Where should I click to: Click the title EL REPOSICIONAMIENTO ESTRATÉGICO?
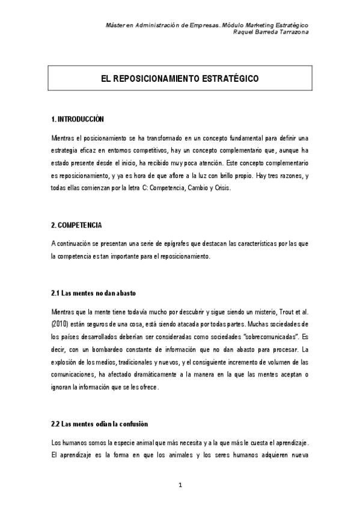click(x=180, y=79)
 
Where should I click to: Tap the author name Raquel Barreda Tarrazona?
click(x=270, y=32)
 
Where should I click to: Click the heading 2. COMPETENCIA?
click(x=76, y=226)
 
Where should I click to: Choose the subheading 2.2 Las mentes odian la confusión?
click(x=100, y=423)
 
